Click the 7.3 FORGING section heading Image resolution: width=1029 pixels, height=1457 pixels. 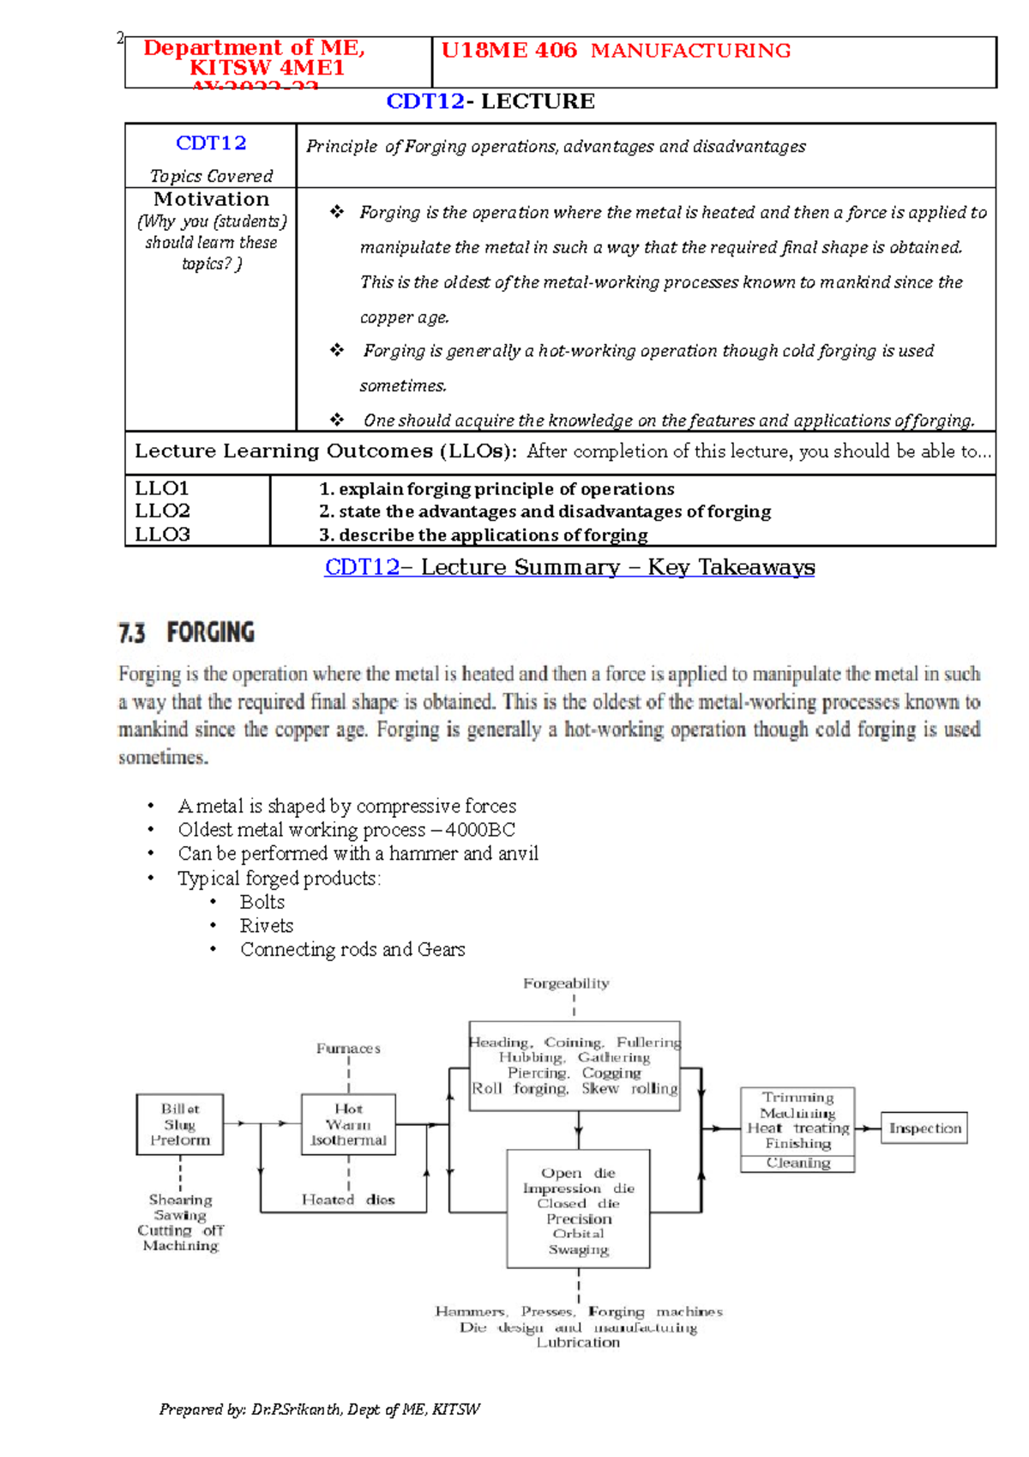pyautogui.click(x=186, y=633)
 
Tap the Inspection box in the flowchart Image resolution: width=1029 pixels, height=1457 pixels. pyautogui.click(x=924, y=1128)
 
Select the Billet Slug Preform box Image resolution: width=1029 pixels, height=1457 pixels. pyautogui.click(x=180, y=1124)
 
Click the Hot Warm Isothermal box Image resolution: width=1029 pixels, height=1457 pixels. pyautogui.click(x=348, y=1124)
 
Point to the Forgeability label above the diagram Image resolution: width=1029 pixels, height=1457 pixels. pyautogui.click(x=566, y=983)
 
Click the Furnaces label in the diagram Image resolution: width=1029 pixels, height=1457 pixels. pyautogui.click(x=348, y=1049)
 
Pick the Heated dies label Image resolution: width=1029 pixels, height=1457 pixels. pyautogui.click(x=348, y=1200)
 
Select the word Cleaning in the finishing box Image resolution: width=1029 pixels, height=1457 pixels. pyautogui.click(x=797, y=1163)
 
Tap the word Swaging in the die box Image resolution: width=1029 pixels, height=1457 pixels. pyautogui.click(x=579, y=1249)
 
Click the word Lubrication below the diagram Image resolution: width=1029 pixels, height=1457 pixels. pyautogui.click(x=578, y=1343)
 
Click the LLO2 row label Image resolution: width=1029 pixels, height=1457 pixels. pyautogui.click(x=162, y=511)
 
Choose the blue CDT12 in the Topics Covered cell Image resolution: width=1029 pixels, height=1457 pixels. pyautogui.click(x=211, y=143)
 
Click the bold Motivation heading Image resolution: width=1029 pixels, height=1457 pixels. pyautogui.click(x=211, y=199)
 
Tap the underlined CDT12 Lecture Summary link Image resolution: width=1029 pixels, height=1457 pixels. pyautogui.click(x=569, y=567)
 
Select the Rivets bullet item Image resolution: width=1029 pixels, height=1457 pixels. pyautogui.click(x=266, y=926)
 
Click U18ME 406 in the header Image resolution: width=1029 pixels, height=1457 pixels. pyautogui.click(x=509, y=51)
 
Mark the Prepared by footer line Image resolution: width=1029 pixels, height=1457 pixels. pyautogui.click(x=319, y=1409)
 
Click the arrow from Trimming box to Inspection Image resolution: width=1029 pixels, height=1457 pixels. pyautogui.click(x=868, y=1128)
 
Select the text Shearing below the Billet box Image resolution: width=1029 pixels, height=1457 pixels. pyautogui.click(x=180, y=1200)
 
